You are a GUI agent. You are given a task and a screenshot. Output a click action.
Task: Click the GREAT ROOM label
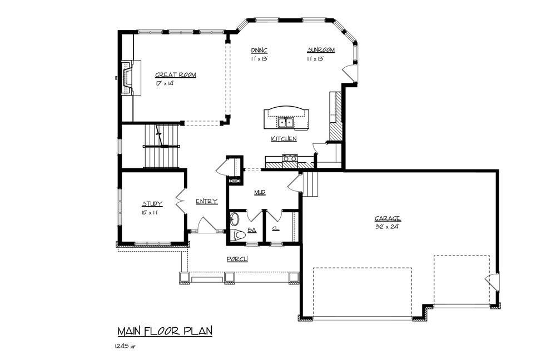click(x=175, y=75)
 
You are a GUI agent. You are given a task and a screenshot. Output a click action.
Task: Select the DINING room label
click(x=259, y=50)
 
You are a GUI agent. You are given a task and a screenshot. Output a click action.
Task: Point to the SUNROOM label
click(x=321, y=50)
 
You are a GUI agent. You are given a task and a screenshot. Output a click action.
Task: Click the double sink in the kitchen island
click(x=286, y=122)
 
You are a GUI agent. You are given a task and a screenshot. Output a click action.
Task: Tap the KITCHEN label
click(x=283, y=138)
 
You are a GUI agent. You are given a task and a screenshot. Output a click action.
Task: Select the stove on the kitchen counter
click(x=290, y=158)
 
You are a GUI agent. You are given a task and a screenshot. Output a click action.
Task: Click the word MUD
click(x=259, y=192)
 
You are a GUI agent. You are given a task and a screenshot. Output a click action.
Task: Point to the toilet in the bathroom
click(x=239, y=234)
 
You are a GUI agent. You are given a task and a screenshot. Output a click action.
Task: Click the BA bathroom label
click(x=251, y=229)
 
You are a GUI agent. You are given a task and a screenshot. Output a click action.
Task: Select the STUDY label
click(x=152, y=204)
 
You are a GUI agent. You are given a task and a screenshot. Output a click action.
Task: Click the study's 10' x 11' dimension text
click(x=150, y=212)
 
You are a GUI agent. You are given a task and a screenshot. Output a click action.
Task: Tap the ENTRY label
click(x=206, y=201)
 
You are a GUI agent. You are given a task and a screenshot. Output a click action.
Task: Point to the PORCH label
click(x=237, y=259)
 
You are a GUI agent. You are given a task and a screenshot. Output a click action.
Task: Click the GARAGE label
click(x=388, y=218)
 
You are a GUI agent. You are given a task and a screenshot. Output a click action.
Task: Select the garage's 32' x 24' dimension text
click(x=387, y=227)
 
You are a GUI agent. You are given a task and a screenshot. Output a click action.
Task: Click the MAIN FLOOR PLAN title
click(x=165, y=332)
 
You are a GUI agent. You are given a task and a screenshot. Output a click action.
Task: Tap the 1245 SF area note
click(x=125, y=346)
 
